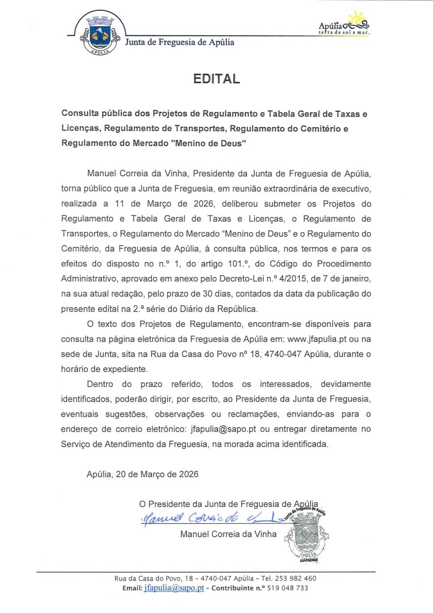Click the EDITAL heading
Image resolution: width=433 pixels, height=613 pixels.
216,79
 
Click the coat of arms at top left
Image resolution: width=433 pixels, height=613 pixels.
99,35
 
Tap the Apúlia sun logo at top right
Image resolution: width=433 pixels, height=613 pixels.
344,23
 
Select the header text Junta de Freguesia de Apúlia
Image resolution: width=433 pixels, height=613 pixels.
179,43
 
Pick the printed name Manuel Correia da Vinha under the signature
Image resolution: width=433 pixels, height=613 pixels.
228,534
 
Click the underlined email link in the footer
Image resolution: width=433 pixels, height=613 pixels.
174,589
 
